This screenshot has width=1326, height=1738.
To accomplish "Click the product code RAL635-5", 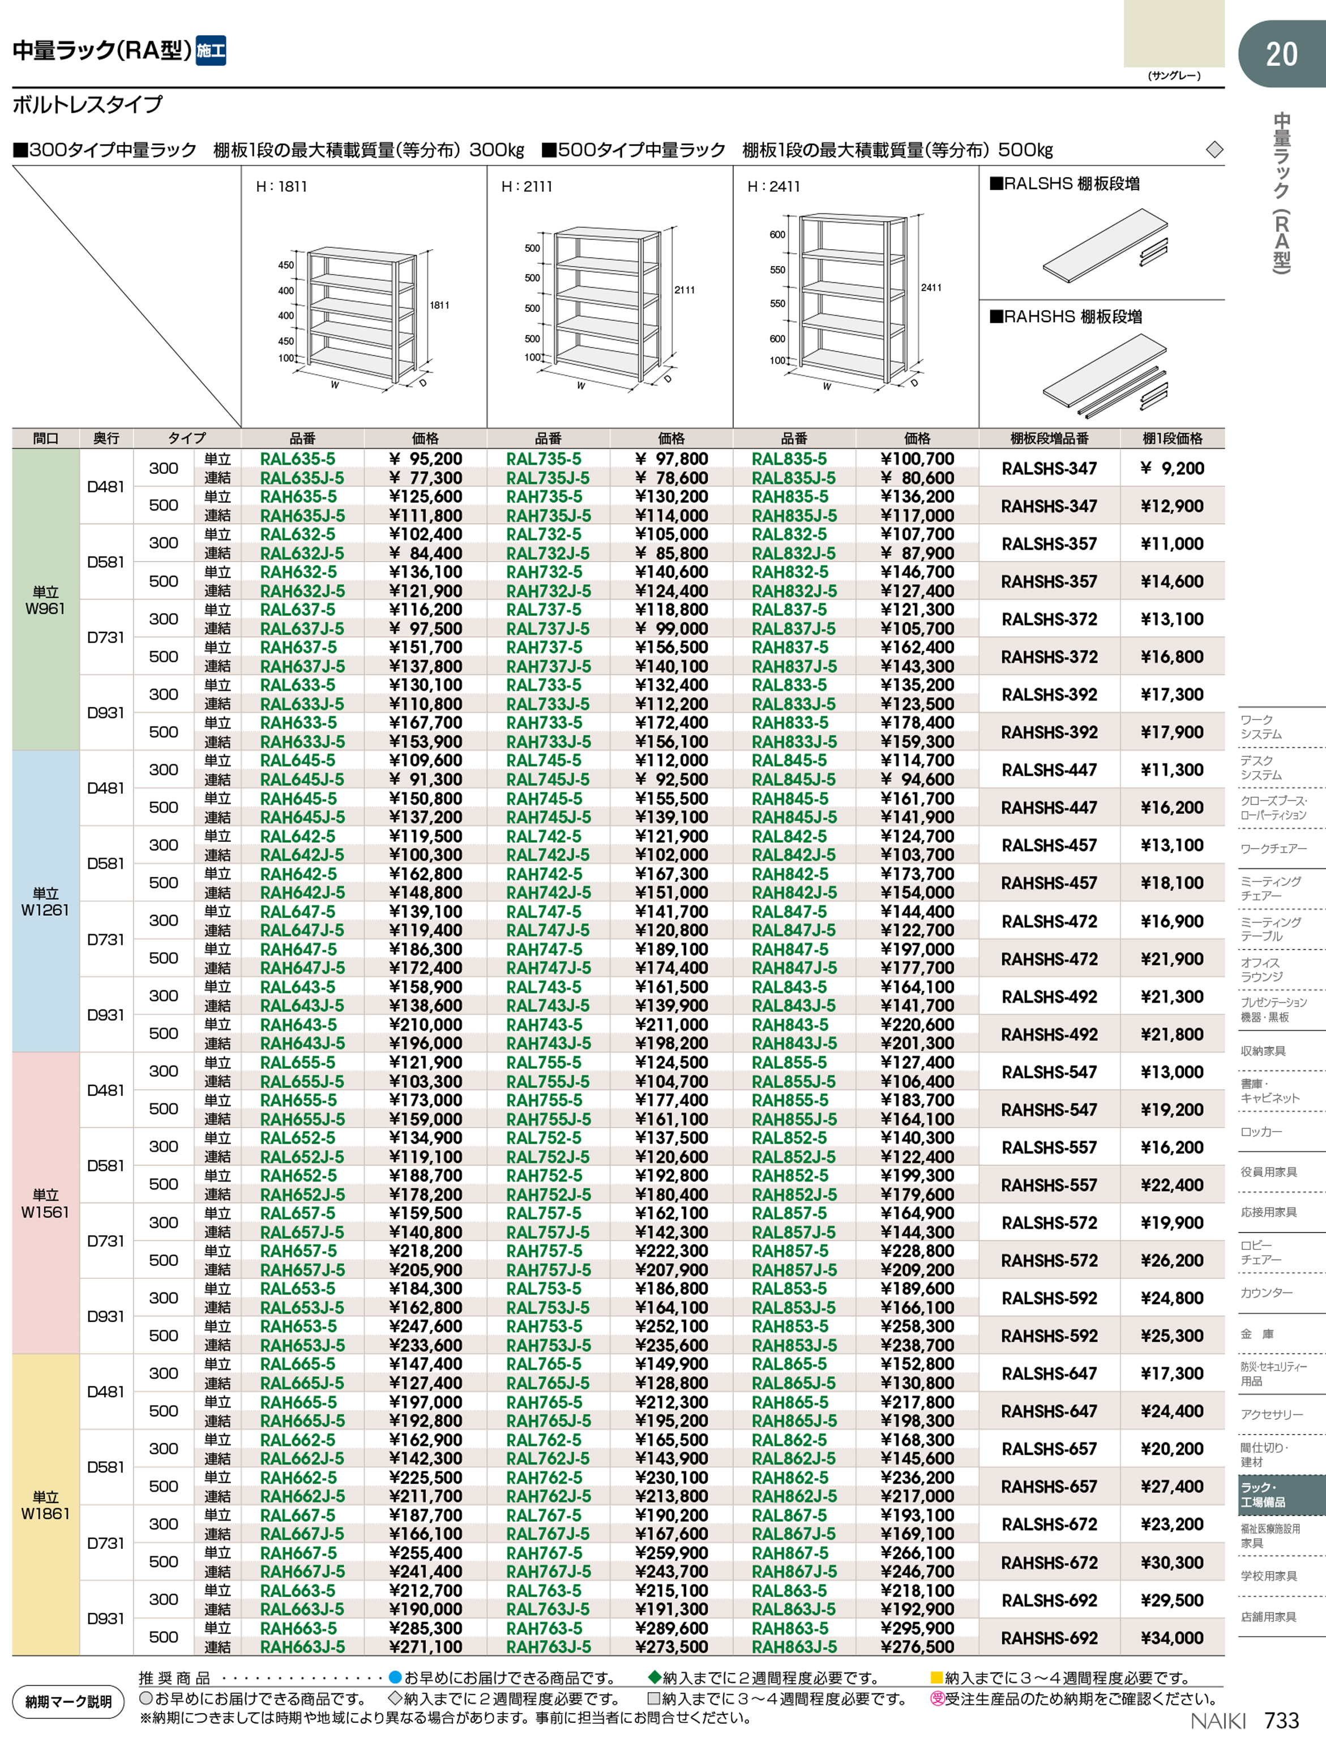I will (298, 459).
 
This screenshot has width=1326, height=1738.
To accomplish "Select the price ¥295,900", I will (917, 1628).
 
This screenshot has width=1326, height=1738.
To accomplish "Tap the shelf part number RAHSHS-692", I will (1049, 1638).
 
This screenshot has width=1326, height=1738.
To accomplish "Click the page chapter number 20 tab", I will (1281, 54).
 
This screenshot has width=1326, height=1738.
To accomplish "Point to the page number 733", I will (1281, 1720).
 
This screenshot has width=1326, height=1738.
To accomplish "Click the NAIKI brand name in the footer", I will (1218, 1720).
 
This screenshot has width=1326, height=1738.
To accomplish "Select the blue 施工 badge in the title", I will (211, 50).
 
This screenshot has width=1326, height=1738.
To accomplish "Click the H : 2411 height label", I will (773, 187).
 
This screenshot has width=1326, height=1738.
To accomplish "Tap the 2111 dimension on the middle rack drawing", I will (685, 290).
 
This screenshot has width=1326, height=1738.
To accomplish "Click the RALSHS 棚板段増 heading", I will (1065, 184).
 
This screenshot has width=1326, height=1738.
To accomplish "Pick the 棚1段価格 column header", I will (1172, 438).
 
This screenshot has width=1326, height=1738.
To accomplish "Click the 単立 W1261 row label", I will (45, 901).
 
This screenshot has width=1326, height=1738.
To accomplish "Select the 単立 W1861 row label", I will (45, 1505).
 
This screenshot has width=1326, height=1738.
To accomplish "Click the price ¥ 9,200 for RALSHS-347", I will (1172, 468).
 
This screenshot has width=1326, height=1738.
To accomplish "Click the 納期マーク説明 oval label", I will (69, 1701).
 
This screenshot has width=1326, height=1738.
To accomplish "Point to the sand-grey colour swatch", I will (1174, 33).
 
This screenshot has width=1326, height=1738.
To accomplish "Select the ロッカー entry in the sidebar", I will (1261, 1132).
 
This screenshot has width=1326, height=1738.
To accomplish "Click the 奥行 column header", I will (106, 438).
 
